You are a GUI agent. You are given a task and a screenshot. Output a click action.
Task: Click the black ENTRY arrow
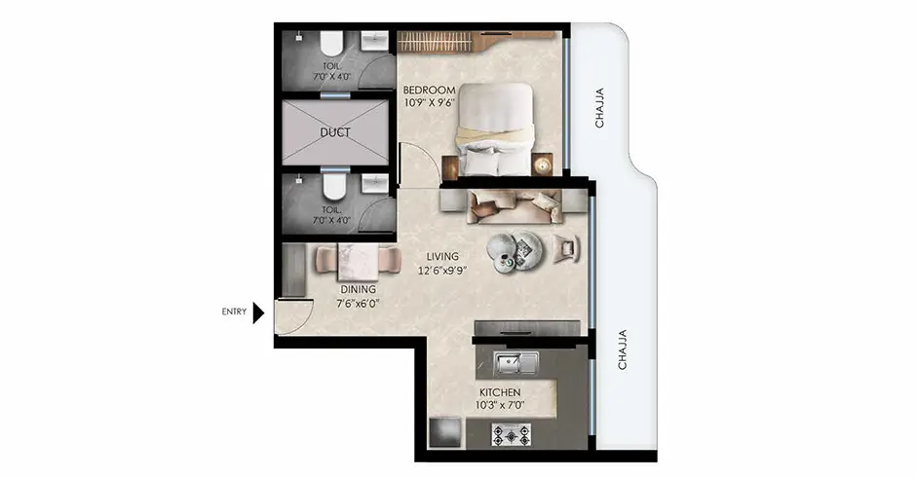coord(259,312)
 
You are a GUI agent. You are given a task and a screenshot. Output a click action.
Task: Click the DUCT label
coord(335,132)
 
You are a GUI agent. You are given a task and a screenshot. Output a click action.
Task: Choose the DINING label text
coord(358,288)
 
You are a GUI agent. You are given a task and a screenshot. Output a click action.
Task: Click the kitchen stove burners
coord(510,436)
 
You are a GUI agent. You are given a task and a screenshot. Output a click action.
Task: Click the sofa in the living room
coord(514,205)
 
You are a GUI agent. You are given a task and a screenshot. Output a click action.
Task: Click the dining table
coord(357,260)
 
